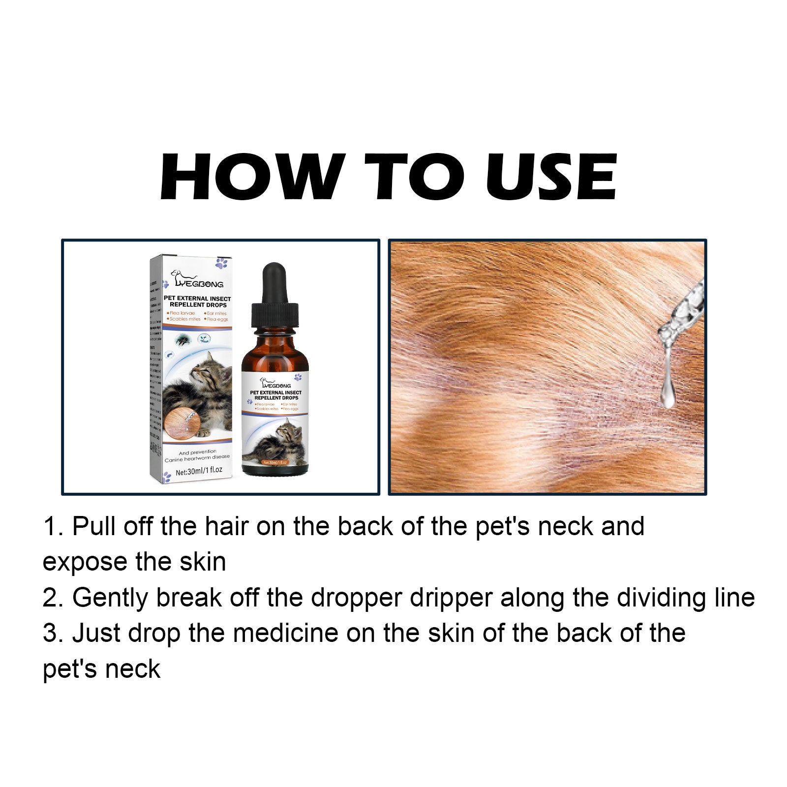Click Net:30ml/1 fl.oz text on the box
click(199, 471)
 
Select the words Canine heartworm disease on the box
click(197, 457)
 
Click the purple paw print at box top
click(221, 263)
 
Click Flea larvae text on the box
click(182, 313)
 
